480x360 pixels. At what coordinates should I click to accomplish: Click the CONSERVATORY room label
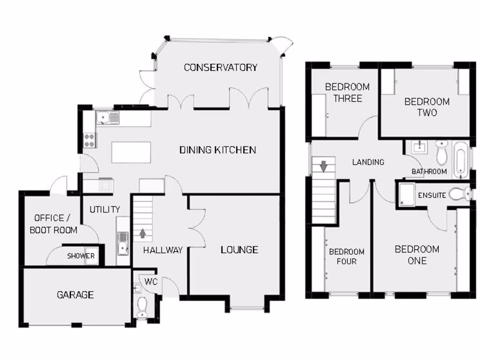(x=220, y=67)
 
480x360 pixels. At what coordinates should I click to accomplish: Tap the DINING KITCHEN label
(x=217, y=150)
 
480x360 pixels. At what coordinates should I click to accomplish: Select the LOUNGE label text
(x=239, y=250)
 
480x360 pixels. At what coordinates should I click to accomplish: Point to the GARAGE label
(x=75, y=295)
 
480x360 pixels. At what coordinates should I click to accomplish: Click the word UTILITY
(x=105, y=210)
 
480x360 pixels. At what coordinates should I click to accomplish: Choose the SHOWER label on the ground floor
(x=81, y=256)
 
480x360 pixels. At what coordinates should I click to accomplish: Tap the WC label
(x=150, y=282)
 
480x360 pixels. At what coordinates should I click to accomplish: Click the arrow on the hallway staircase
(x=143, y=233)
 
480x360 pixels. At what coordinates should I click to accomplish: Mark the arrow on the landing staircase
(x=323, y=166)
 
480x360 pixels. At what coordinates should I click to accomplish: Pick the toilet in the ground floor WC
(x=142, y=307)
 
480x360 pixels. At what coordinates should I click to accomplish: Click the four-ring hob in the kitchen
(x=89, y=139)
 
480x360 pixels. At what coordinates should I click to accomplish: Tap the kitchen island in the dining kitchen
(x=131, y=152)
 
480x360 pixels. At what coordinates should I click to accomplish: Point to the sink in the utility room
(x=123, y=243)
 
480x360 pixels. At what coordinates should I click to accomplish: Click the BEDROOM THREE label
(x=347, y=92)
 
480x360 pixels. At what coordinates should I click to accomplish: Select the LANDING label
(x=368, y=162)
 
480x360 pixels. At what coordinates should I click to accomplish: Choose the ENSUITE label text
(x=432, y=195)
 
